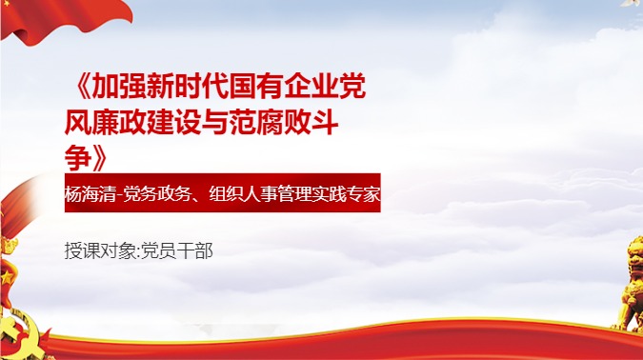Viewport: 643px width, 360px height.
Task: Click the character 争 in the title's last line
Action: tap(77, 151)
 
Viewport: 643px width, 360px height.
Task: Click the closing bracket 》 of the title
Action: tap(102, 151)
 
